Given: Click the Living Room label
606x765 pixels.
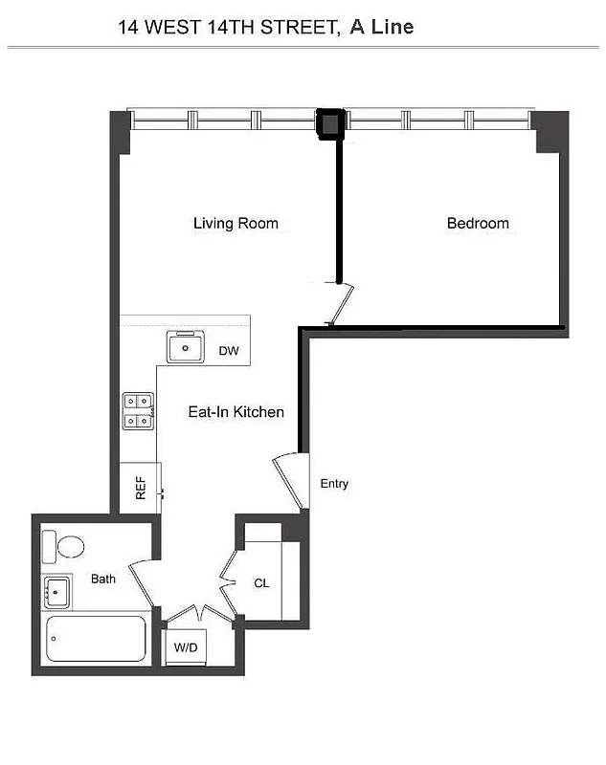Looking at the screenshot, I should point(236,224).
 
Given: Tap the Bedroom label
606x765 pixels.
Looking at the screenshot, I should point(478,224).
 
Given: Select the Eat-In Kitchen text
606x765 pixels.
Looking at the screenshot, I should point(236,412).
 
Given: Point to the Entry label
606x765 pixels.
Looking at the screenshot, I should point(334,484).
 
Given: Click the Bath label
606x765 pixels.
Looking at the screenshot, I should point(103,579).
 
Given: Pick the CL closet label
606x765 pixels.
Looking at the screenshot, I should point(261,582).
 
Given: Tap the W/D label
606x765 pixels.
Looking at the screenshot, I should point(186,648).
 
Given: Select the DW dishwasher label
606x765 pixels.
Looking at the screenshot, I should point(228,351).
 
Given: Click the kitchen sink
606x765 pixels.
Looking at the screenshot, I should point(185,347).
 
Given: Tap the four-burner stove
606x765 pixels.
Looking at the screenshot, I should point(139,410).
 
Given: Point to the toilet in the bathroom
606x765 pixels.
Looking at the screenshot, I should point(65,546).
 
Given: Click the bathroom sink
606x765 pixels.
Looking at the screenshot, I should point(56,593).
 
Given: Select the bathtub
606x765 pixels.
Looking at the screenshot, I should point(96,638).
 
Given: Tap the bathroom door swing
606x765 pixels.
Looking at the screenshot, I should point(143,581).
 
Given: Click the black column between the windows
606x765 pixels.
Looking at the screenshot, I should point(329,124).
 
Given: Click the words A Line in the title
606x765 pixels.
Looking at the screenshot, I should point(381,27).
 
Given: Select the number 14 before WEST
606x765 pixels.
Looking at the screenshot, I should point(128,28).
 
